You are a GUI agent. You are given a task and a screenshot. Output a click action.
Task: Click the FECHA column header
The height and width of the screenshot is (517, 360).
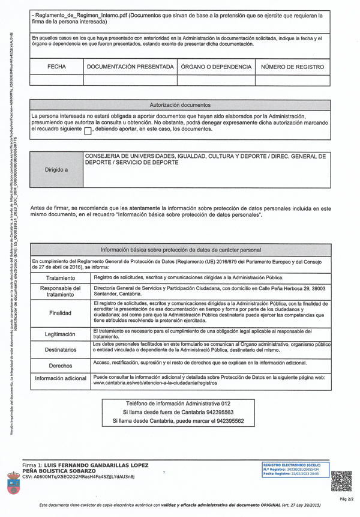[57, 67]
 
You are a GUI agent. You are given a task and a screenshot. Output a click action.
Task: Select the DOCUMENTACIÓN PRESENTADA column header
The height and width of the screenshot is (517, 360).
[130, 67]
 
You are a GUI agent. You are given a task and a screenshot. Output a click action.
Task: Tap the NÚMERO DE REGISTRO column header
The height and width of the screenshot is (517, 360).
[292, 67]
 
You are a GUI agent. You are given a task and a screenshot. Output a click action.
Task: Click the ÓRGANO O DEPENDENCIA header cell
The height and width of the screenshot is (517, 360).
[216, 67]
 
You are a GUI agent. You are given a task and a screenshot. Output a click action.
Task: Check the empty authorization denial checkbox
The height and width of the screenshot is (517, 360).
[88, 130]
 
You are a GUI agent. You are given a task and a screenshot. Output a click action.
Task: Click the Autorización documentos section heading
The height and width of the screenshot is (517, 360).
[179, 105]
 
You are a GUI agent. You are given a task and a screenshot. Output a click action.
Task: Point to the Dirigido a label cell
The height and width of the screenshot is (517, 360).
[57, 170]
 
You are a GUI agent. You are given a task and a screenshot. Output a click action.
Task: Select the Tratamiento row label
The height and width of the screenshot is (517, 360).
[60, 279]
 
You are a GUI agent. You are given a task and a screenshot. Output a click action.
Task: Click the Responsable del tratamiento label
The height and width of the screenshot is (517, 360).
[60, 291]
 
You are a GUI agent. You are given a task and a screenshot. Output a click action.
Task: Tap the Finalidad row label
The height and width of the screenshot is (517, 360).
[60, 313]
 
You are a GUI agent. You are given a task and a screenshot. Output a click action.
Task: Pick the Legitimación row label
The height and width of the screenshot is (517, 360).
[60, 334]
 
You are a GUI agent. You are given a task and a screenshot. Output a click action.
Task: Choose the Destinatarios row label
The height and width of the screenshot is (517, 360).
[60, 349]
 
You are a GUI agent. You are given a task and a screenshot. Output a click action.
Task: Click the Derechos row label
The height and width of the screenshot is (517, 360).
[60, 365]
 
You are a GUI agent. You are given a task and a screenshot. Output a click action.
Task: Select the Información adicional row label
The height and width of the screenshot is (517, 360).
[60, 379]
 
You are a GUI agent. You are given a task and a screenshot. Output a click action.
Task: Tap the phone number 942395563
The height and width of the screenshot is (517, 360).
[219, 413]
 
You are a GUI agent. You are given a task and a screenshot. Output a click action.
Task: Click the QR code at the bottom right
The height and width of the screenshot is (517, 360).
[341, 481]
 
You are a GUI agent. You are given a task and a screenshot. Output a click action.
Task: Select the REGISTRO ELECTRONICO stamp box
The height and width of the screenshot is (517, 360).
[291, 469]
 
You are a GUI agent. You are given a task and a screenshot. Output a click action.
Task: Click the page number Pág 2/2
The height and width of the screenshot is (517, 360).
[347, 500]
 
